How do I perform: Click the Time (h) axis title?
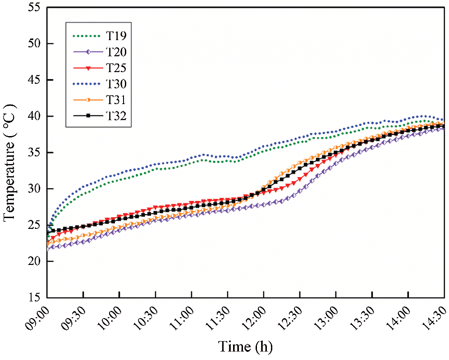pos(246,346)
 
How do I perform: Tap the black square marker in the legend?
pos(88,116)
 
